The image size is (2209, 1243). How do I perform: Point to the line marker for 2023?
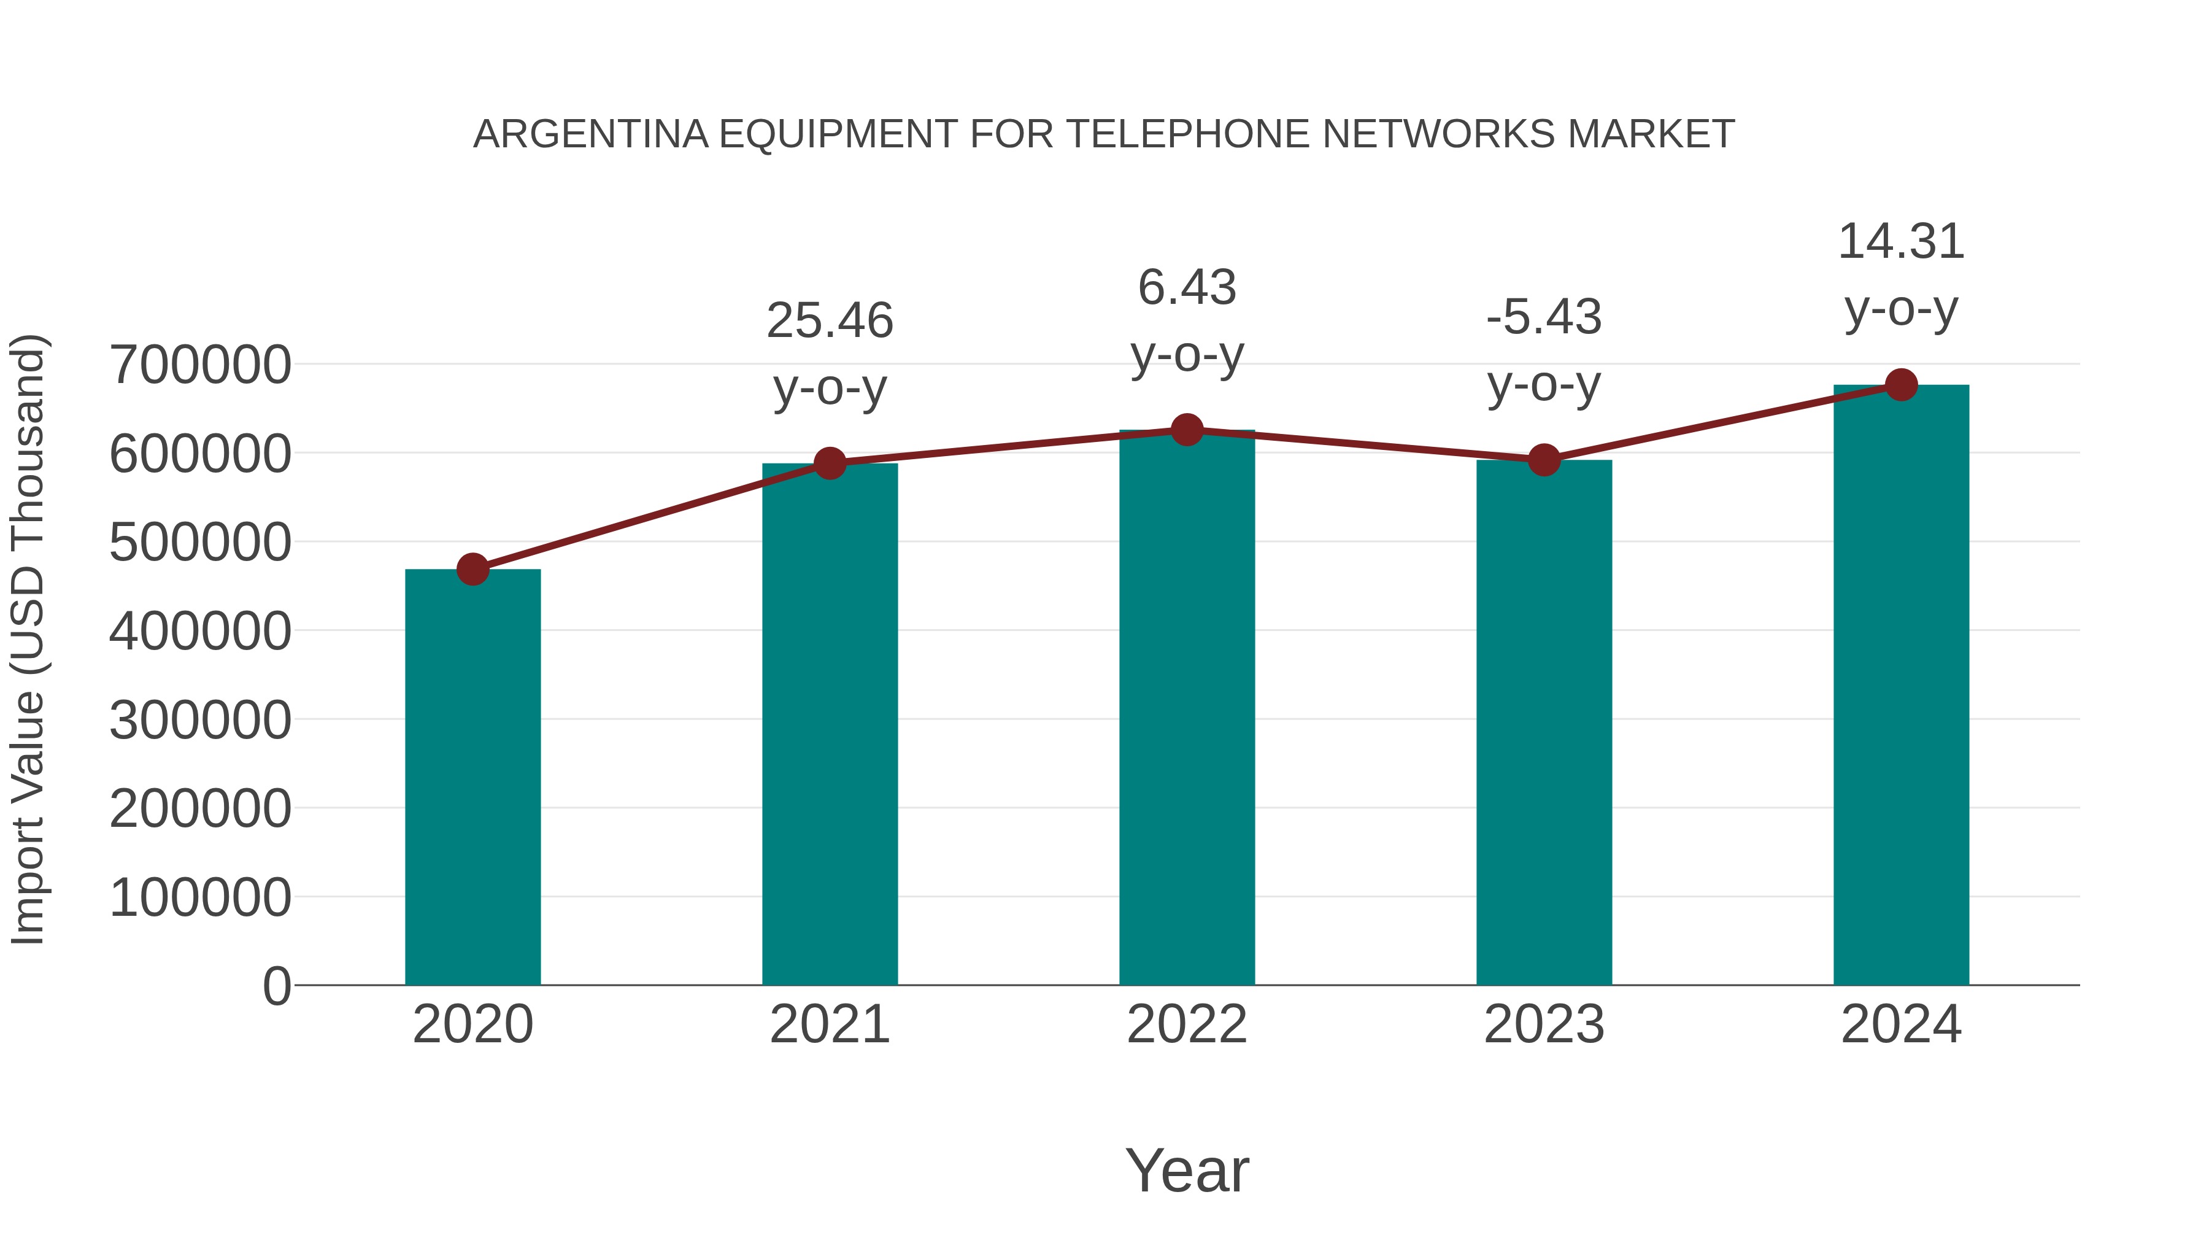1544,460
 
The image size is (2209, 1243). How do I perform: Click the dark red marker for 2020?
472,569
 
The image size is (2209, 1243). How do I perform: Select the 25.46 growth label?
829,321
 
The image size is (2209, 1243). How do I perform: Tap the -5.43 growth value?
1544,317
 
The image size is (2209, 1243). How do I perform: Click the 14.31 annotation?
1901,242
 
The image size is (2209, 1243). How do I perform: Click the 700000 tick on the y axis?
201,365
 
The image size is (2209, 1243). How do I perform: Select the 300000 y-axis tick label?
201,720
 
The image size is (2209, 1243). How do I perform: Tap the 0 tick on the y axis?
277,986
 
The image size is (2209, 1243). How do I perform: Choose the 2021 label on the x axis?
829,1024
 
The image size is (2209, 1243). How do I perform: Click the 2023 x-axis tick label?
1544,1024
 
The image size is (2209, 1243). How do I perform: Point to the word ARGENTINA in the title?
591,134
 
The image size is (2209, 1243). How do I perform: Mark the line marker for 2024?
1901,385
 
